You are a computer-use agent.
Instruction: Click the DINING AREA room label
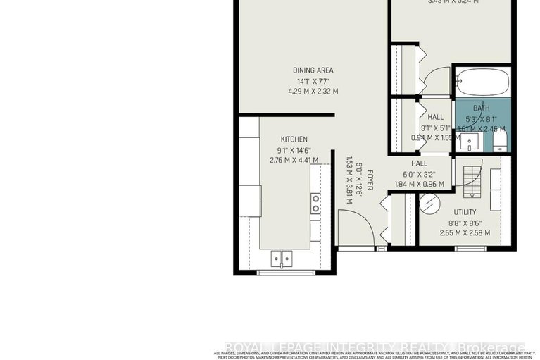313,70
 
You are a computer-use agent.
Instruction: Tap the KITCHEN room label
294,139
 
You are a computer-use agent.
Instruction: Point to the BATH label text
481,108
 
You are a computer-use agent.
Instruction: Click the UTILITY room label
465,212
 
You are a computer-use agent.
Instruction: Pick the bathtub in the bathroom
482,82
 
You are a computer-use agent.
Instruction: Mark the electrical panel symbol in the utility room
429,205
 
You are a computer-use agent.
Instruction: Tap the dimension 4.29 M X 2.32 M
313,92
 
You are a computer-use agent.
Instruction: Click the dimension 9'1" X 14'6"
294,149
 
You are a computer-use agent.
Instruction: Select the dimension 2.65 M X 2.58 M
465,233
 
